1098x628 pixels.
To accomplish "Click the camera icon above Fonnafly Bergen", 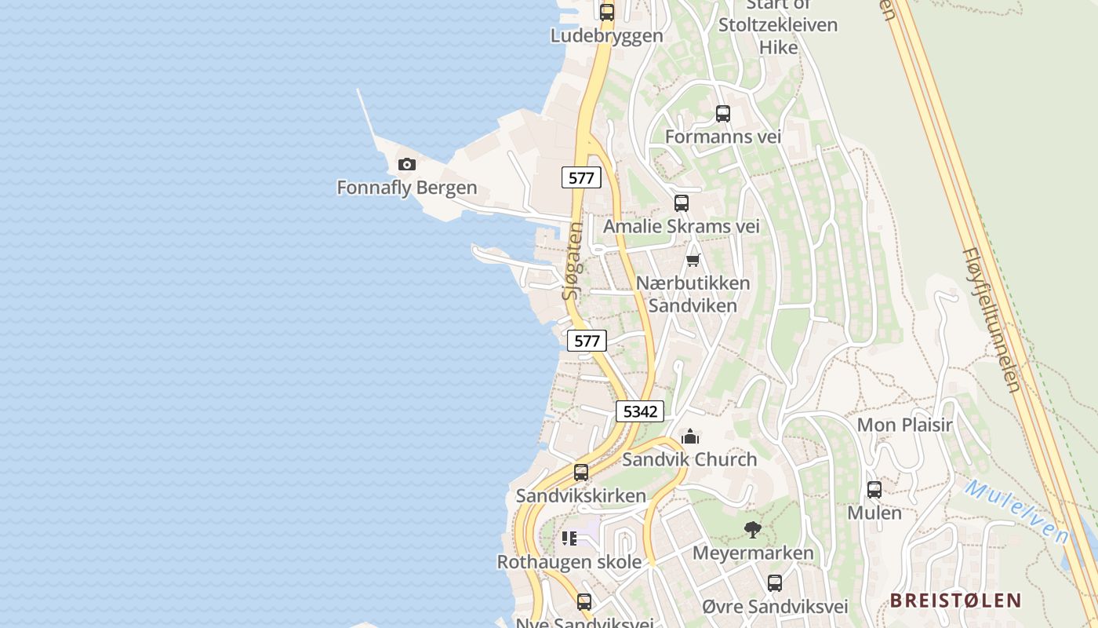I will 406,164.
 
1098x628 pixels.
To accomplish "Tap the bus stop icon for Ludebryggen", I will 607,13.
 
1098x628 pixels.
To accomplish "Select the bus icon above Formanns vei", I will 723,114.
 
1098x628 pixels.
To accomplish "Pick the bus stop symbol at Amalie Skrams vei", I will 682,203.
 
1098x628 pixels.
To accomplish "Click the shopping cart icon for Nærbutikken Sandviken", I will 693,260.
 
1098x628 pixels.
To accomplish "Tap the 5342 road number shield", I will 640,411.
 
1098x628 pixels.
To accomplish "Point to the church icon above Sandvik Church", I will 690,436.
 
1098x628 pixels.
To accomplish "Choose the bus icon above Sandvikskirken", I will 581,473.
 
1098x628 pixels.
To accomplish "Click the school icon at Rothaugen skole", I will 569,539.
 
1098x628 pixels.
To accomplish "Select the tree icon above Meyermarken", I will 753,530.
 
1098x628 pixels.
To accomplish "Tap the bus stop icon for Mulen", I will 874,490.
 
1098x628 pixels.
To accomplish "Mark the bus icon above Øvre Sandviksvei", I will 775,583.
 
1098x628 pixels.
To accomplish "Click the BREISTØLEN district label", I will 955,601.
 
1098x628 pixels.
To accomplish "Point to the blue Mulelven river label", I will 1017,512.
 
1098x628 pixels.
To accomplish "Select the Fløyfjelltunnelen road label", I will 991,320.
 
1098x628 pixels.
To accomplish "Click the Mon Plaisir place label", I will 904,425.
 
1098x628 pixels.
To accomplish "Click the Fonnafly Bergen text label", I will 407,188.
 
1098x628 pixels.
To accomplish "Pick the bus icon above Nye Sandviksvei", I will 584,602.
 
